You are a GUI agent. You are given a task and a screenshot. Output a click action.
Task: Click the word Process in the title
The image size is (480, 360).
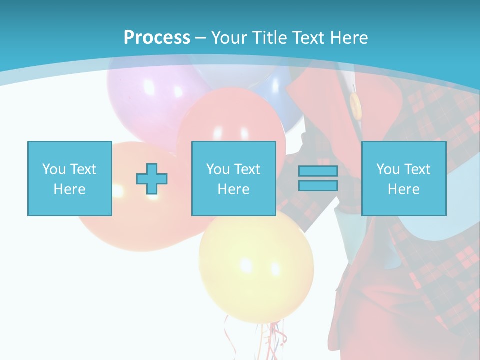[x=157, y=38]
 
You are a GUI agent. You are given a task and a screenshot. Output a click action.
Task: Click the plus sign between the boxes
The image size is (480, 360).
[x=152, y=179]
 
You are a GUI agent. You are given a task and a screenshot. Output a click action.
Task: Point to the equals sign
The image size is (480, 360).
[x=318, y=178]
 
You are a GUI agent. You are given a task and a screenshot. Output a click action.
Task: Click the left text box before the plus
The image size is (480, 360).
[x=69, y=178]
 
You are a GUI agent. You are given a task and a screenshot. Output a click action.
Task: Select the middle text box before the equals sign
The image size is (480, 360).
[x=233, y=178]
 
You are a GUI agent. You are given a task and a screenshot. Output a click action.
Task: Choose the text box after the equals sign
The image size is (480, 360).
[x=403, y=178]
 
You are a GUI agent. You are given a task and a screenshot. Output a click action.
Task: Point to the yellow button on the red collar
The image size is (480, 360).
[x=355, y=105]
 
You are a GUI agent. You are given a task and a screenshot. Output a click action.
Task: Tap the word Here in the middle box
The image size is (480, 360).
[x=233, y=189]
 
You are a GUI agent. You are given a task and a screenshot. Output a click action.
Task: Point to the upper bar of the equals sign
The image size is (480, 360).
[x=318, y=171]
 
